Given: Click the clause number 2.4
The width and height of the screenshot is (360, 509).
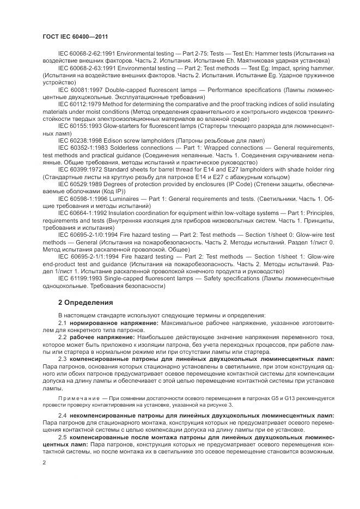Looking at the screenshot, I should pos(62,415).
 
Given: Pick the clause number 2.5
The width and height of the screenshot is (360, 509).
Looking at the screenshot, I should pos(62,437).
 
